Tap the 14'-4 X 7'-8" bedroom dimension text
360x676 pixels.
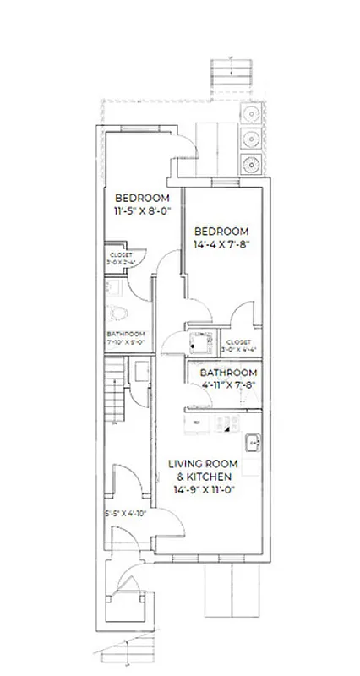[x=222, y=245]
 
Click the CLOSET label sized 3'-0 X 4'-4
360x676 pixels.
[x=238, y=344]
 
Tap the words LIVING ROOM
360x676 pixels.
[x=202, y=465]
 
